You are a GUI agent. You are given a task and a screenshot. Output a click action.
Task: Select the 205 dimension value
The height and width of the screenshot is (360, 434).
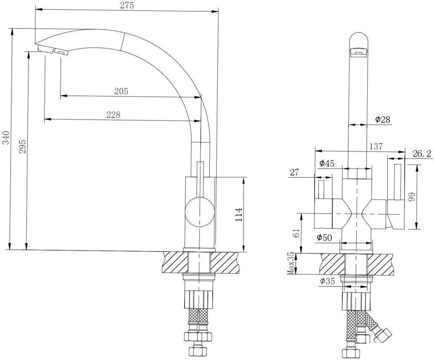121,91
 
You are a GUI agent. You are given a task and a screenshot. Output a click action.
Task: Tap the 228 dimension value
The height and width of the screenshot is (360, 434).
113,114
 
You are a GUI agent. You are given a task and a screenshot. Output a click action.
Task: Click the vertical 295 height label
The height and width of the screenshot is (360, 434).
23,146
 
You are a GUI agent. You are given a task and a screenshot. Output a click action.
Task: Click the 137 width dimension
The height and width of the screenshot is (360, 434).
376,146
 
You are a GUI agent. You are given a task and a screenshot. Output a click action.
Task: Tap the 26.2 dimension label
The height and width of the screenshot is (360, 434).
421,154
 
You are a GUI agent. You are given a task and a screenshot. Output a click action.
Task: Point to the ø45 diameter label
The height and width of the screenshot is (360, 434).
327,164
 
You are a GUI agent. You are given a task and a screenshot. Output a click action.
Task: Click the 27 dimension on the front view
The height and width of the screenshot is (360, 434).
294,172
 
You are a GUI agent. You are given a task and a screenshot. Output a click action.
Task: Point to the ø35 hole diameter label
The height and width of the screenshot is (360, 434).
326,281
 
